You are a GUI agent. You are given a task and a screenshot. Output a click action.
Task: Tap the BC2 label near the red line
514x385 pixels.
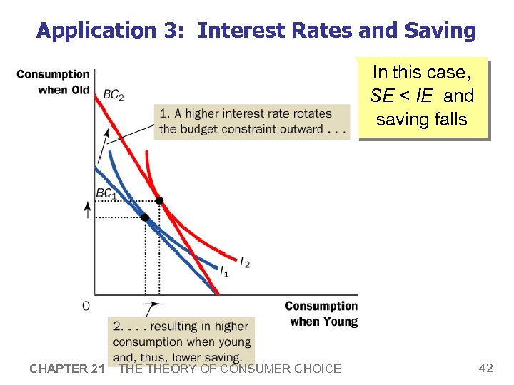(x=113, y=95)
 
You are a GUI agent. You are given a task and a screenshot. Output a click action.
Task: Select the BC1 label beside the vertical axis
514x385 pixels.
(x=106, y=193)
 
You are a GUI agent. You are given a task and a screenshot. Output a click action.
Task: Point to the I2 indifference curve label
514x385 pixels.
(x=245, y=264)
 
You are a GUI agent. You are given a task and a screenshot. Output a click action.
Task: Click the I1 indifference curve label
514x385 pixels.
(x=224, y=272)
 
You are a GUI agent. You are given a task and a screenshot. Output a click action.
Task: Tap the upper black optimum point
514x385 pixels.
(x=159, y=201)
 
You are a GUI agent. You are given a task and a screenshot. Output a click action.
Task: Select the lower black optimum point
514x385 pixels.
(x=145, y=217)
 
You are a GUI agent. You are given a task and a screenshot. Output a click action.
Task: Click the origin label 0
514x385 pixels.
(x=86, y=306)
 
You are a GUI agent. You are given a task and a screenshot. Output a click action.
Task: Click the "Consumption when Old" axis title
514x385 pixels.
(x=54, y=82)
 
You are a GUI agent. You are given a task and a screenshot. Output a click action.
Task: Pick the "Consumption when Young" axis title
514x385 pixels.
(x=321, y=314)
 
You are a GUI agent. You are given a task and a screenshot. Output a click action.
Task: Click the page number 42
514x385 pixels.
(x=485, y=368)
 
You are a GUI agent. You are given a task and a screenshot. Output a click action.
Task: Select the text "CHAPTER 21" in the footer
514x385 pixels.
(x=67, y=369)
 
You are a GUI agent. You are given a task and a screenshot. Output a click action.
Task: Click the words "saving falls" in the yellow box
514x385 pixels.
(x=422, y=119)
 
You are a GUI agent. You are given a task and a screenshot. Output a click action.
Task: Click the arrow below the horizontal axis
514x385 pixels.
(x=151, y=308)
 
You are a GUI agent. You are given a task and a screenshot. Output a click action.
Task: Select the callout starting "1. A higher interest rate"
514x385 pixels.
(x=252, y=121)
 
